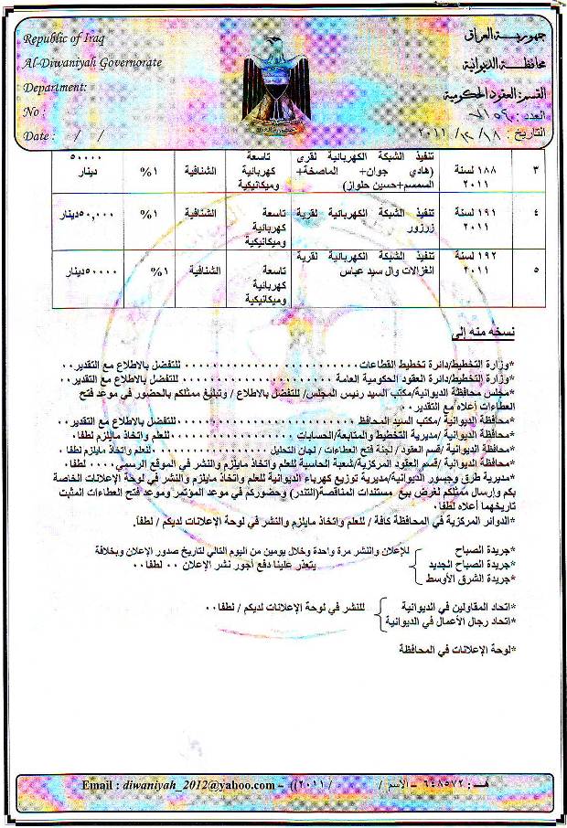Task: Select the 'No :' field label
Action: pos(37,111)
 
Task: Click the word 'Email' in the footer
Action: pos(99,784)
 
